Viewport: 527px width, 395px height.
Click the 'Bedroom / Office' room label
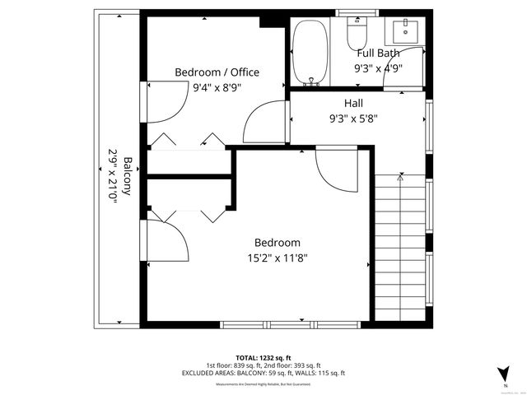click(x=217, y=72)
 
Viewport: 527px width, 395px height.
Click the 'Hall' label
click(x=353, y=104)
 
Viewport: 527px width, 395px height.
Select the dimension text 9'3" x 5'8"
click(x=353, y=118)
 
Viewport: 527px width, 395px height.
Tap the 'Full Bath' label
click(x=378, y=53)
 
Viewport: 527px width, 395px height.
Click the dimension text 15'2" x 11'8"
click(x=277, y=258)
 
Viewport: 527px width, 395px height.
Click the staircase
click(x=400, y=247)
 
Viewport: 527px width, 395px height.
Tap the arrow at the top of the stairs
click(x=400, y=176)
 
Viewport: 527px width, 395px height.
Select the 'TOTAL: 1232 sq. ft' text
click(x=263, y=356)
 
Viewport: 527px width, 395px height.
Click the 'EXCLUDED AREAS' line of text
click(x=263, y=373)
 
